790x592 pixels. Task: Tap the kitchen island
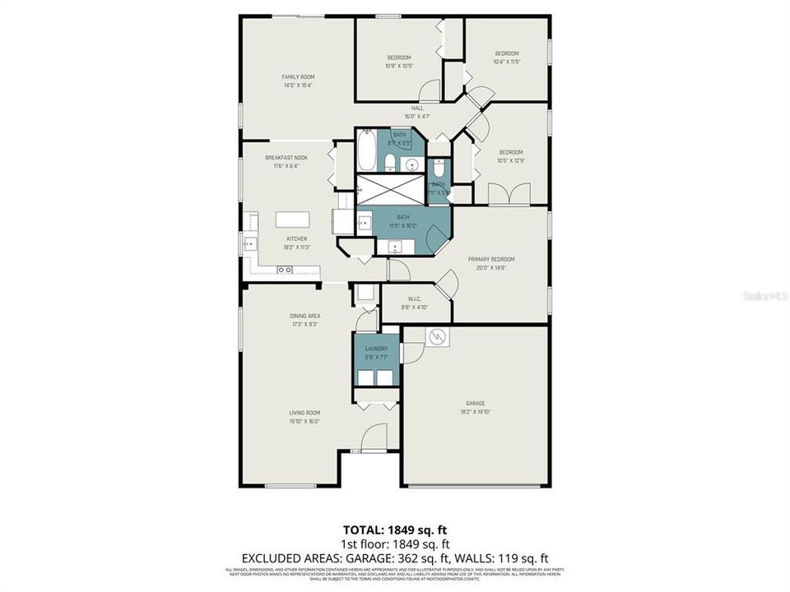click(292, 220)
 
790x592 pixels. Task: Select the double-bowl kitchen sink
click(285, 269)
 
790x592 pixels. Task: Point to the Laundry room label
click(376, 349)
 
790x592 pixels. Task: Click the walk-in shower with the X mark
click(391, 190)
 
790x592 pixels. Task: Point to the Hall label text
click(417, 108)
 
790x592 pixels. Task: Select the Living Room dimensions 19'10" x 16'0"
click(304, 422)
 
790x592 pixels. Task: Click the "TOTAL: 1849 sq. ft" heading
click(394, 530)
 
